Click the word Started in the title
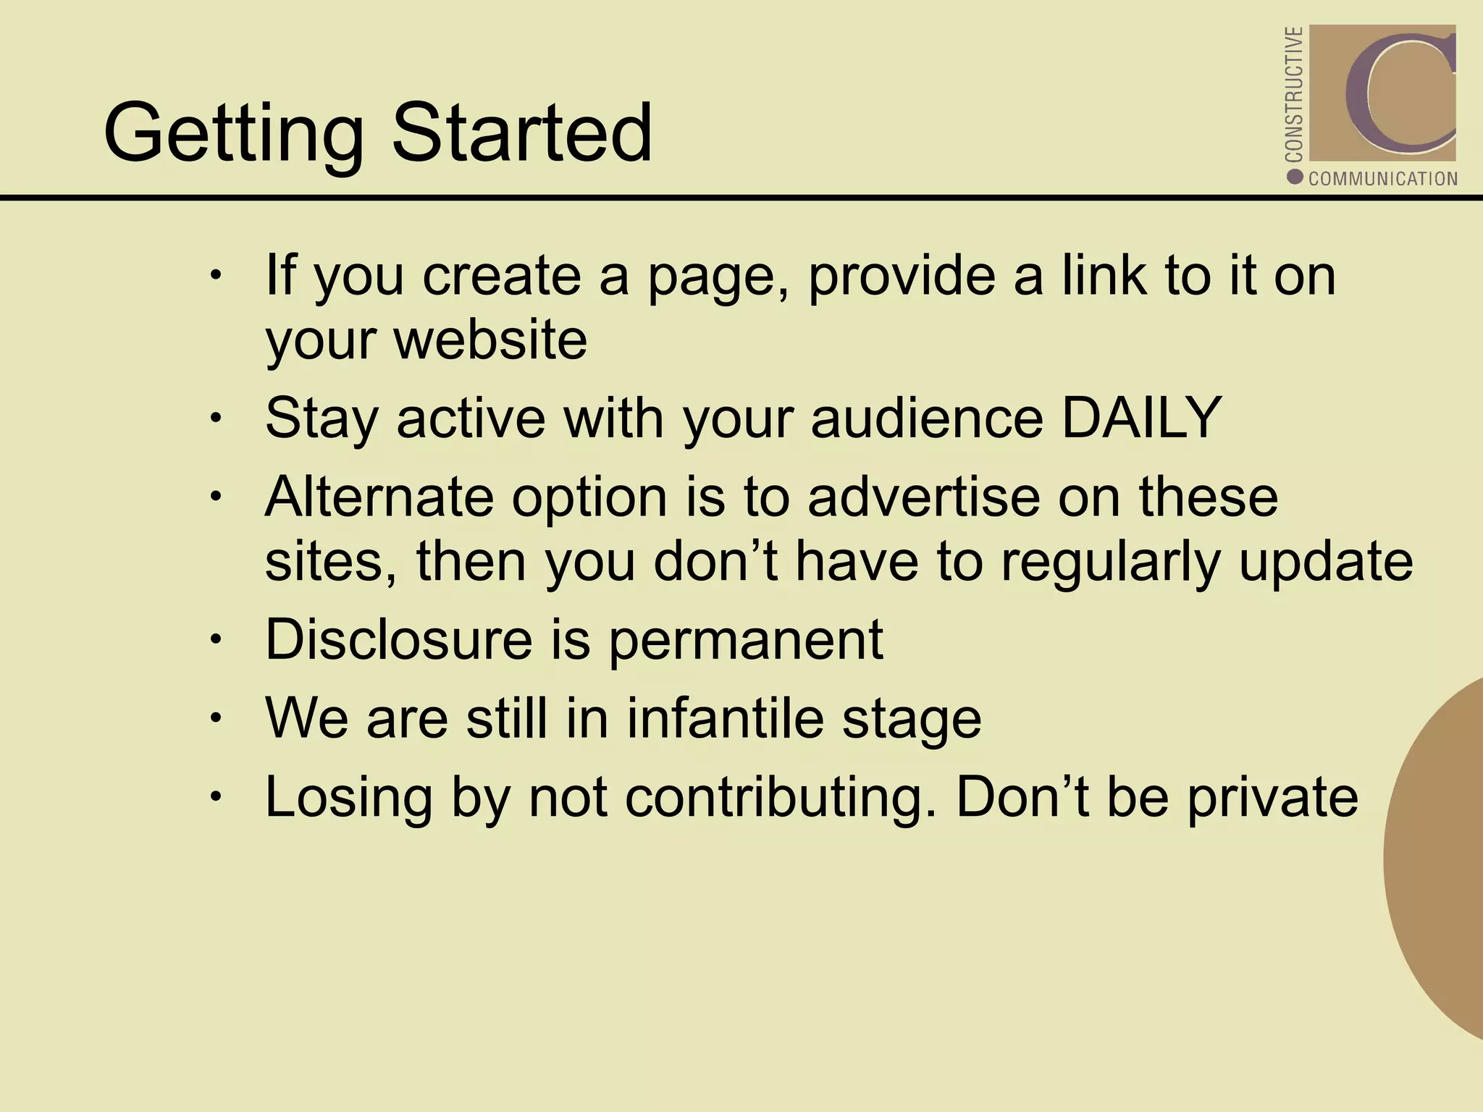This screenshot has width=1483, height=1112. (522, 133)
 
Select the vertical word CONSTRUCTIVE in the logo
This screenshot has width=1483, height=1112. (1293, 94)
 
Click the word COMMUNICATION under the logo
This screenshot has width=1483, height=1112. (1382, 179)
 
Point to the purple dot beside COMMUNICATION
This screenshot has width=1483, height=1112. (1295, 177)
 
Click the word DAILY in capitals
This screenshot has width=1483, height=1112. (1141, 418)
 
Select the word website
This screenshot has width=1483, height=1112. (490, 340)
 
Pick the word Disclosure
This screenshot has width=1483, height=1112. (399, 639)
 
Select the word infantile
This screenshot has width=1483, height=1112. (725, 718)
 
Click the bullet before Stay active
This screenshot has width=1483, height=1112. (215, 418)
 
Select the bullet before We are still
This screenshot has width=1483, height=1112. (215, 718)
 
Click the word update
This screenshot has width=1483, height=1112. (1325, 562)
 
